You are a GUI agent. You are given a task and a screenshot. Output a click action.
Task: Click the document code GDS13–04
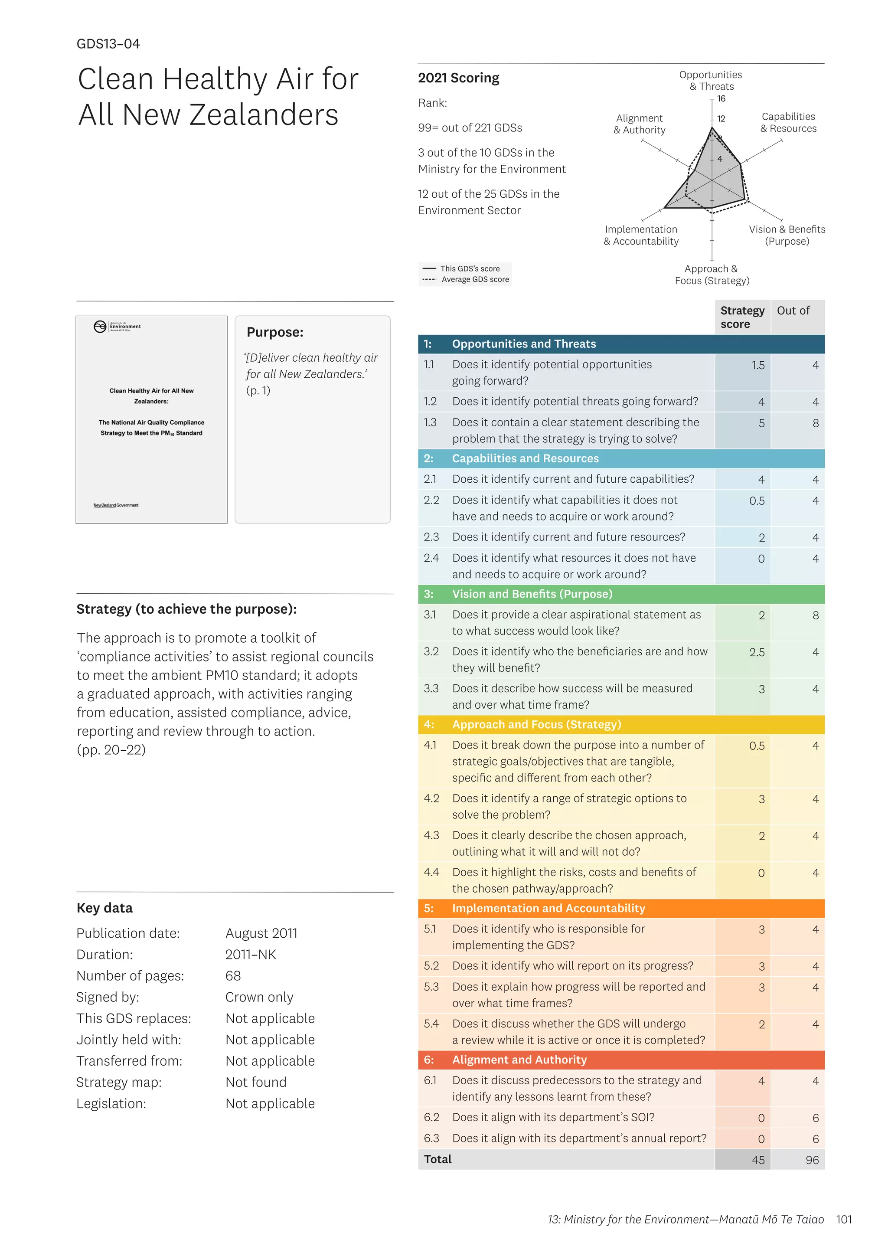(x=108, y=44)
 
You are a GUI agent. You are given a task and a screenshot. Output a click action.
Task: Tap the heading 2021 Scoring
(x=458, y=78)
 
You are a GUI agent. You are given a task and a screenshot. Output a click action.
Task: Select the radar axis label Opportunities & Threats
(x=710, y=80)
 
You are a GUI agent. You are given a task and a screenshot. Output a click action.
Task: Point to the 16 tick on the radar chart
(x=721, y=99)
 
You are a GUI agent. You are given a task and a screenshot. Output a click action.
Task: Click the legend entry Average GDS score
(x=475, y=280)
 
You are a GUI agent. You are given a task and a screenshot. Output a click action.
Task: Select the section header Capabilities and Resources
(x=525, y=458)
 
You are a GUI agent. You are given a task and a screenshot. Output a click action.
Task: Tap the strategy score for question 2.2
(x=757, y=501)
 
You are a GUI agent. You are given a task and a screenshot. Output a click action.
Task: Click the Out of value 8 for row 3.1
(x=815, y=615)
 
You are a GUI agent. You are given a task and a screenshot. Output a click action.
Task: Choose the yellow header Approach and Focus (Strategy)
(x=536, y=724)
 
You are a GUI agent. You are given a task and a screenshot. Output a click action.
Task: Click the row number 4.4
(x=431, y=872)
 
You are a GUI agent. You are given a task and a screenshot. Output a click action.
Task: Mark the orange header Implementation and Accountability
(x=548, y=908)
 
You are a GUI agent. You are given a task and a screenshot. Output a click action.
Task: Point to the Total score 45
(x=758, y=1160)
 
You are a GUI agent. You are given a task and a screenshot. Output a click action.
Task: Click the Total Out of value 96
(x=812, y=1160)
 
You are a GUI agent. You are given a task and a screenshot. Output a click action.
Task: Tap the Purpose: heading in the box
(x=275, y=332)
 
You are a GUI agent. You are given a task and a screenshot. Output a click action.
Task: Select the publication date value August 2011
(x=261, y=933)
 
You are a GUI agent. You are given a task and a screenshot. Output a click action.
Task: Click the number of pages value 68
(x=233, y=976)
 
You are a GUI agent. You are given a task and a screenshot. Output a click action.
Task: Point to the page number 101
(x=844, y=1219)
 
